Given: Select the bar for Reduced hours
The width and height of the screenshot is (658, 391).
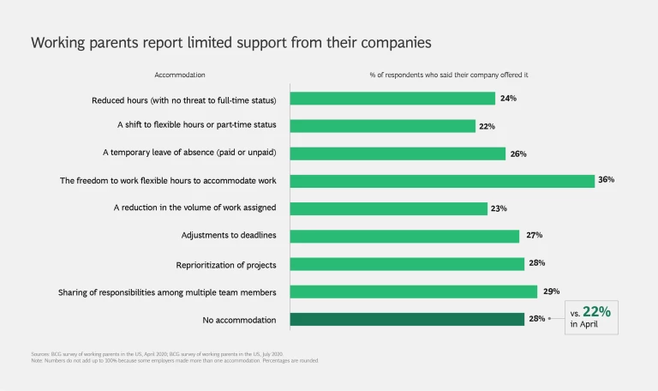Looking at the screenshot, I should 392,99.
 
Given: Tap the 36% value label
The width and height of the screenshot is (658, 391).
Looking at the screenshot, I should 607,180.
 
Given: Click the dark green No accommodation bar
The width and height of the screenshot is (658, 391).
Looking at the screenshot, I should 407,319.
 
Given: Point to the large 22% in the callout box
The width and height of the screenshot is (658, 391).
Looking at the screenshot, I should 596,312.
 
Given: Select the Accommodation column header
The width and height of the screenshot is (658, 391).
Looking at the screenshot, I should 180,75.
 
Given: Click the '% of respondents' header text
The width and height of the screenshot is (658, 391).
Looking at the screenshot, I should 448,75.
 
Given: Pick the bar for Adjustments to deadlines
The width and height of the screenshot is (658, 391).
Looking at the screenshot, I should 404,236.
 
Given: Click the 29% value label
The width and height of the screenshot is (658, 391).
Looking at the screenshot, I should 549,292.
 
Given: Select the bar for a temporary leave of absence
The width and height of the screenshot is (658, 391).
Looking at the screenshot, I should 398,153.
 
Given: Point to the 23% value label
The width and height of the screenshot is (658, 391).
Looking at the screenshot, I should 499,208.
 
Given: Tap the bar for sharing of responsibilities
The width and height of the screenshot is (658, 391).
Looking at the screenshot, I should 414,292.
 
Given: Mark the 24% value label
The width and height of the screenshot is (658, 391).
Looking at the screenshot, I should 508,99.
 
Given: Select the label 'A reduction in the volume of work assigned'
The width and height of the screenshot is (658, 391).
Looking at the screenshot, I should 195,208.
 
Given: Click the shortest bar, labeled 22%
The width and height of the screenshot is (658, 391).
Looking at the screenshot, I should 382,126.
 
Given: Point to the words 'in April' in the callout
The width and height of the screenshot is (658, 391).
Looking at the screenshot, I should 584,324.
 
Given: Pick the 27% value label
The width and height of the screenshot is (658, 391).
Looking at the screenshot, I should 534,236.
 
